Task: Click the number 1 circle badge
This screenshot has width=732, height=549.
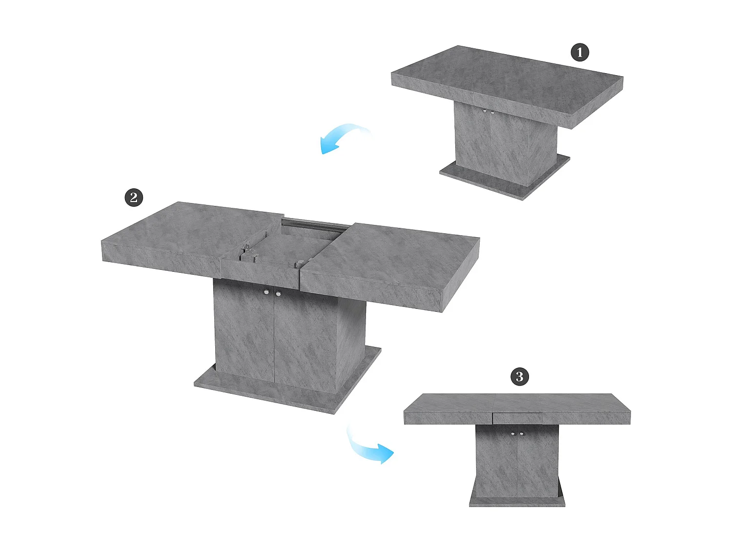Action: (x=580, y=52)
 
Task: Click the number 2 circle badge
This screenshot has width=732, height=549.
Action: (x=134, y=198)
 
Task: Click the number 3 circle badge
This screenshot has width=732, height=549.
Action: (x=519, y=376)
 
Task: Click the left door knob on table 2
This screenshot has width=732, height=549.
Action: (x=266, y=292)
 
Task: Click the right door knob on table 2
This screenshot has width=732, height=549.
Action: (x=278, y=294)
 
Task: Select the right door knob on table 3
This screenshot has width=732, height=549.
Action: (x=522, y=433)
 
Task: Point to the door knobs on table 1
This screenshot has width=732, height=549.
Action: (x=488, y=112)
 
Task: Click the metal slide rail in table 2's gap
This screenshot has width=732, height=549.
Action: (x=312, y=226)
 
